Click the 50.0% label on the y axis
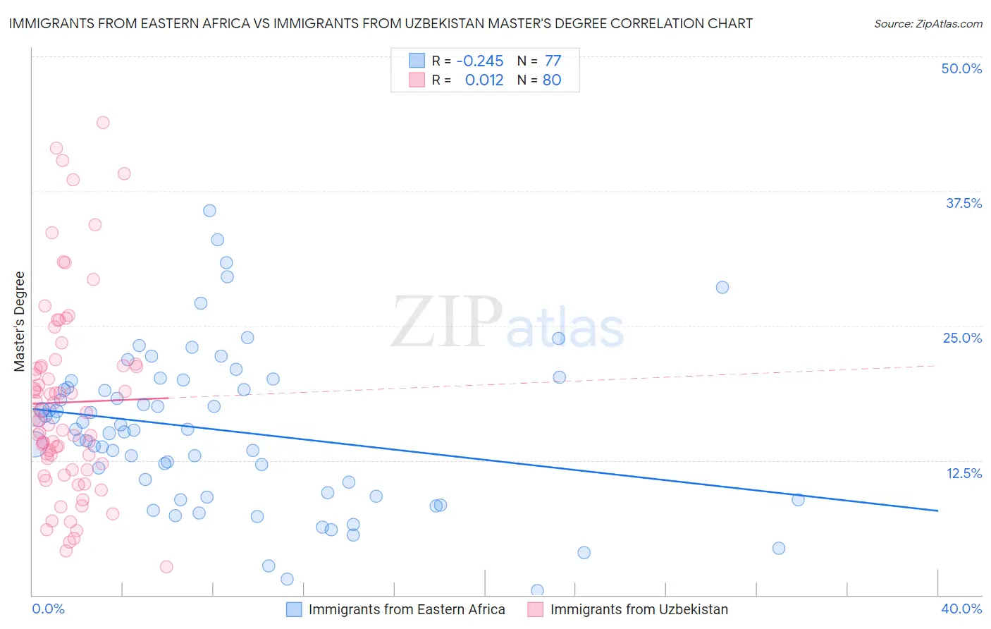(961, 68)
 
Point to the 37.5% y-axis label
(964, 203)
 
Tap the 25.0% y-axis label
(962, 338)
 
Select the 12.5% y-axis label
(964, 473)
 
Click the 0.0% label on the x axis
(48, 609)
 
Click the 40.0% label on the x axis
(961, 609)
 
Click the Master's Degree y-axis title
(20, 322)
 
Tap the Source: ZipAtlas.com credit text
(928, 23)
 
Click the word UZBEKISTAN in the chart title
(443, 23)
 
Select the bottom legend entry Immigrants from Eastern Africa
(407, 609)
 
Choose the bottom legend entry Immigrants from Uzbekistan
(639, 609)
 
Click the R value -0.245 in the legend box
(480, 61)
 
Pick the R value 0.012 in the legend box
(484, 80)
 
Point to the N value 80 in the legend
(552, 80)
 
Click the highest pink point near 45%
(103, 122)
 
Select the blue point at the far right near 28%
(722, 287)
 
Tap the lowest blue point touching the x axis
(537, 590)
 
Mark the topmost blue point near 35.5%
(209, 210)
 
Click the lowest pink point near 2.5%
(166, 566)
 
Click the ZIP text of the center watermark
(447, 322)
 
